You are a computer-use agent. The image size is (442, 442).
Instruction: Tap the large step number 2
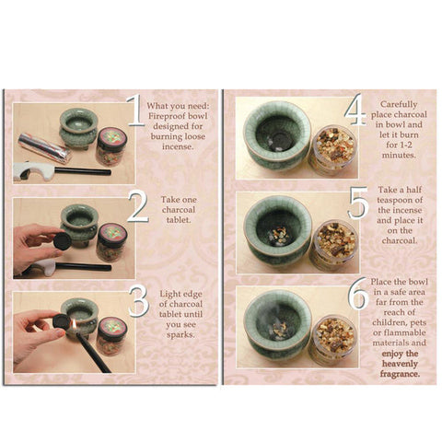point(137,206)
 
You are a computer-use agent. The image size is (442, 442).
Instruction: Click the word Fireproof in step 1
point(176,117)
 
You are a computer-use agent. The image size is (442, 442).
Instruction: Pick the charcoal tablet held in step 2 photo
point(61,237)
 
